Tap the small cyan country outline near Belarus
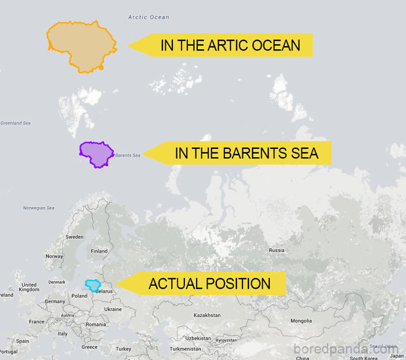click(x=93, y=285)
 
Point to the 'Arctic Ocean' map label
click(x=149, y=17)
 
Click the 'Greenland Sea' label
click(x=15, y=123)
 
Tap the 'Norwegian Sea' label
click(x=38, y=208)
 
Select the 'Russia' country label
click(x=277, y=250)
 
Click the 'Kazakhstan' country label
click(x=207, y=315)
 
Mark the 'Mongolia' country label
click(x=301, y=321)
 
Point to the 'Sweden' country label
click(x=74, y=237)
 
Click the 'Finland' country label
click(x=99, y=251)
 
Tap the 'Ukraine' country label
click(x=113, y=309)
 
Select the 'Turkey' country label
click(x=124, y=348)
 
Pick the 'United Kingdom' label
click(x=28, y=287)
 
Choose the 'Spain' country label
click(x=23, y=341)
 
